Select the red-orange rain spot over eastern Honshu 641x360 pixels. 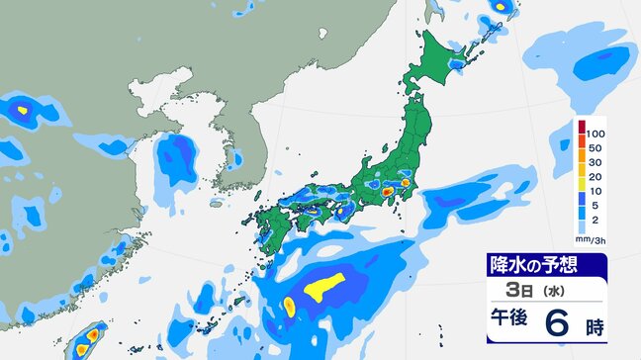tap(405, 182)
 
